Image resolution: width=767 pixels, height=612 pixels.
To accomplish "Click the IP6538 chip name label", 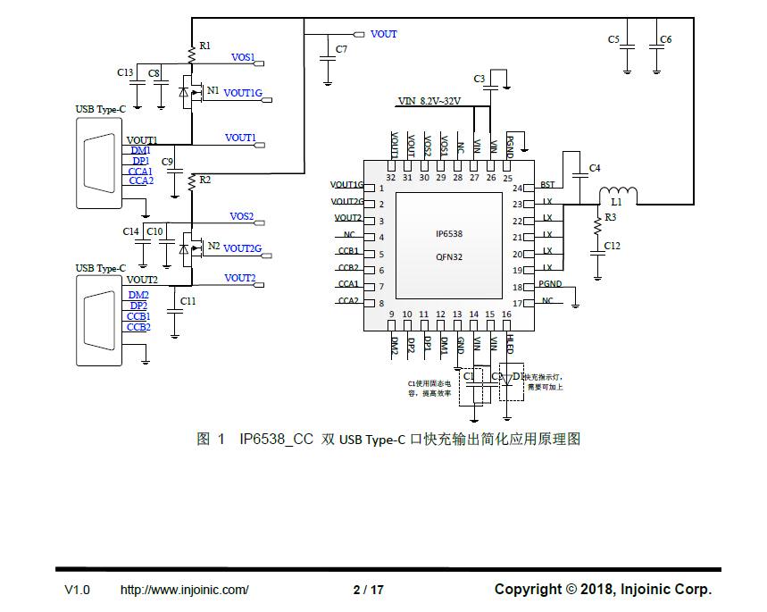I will (449, 234).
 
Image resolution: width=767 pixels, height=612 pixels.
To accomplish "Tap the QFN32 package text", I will (449, 256).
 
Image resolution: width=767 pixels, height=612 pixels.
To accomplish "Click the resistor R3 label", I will (611, 217).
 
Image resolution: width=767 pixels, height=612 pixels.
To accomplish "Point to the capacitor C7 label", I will (341, 49).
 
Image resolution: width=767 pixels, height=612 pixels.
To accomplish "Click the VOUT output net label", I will (383, 34).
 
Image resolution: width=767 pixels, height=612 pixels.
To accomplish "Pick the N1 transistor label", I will (213, 90).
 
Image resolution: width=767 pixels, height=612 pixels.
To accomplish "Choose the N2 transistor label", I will (213, 246).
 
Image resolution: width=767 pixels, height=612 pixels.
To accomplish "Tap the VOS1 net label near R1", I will (243, 57).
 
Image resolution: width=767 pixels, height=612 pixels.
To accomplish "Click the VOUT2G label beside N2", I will (242, 248).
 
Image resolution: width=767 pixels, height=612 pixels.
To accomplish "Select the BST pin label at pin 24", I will (547, 185).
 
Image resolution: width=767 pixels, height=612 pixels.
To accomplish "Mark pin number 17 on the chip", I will (517, 304).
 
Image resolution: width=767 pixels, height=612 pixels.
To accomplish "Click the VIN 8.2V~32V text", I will (429, 101).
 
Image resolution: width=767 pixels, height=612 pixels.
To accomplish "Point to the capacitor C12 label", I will (612, 246).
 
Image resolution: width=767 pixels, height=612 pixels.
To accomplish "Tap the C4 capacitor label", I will (595, 168).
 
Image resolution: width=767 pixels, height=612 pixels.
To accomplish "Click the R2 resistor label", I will (205, 180).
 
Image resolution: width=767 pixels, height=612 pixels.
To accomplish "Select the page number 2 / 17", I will (368, 590).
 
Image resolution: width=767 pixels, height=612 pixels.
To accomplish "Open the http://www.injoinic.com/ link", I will (184, 590).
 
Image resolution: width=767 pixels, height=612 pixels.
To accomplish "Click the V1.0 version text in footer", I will (77, 590).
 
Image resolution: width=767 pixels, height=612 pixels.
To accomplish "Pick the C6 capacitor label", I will (666, 39).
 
